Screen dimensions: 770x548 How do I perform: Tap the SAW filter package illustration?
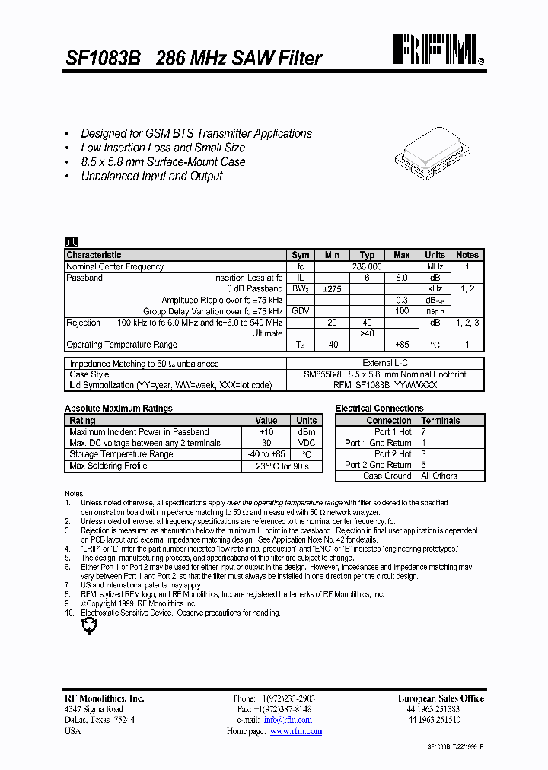pyautogui.click(x=433, y=151)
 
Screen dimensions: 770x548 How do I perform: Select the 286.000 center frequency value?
pyautogui.click(x=367, y=267)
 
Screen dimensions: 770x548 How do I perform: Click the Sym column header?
pyautogui.click(x=301, y=255)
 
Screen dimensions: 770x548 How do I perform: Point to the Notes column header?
pyautogui.click(x=467, y=255)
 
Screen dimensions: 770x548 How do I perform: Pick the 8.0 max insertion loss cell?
pyautogui.click(x=402, y=278)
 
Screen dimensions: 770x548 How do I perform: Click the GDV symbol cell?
pyautogui.click(x=301, y=312)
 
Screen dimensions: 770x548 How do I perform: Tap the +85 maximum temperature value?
pyautogui.click(x=401, y=345)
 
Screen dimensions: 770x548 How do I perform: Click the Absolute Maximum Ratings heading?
pyautogui.click(x=118, y=409)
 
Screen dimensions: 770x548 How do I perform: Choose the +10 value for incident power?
pyautogui.click(x=266, y=432)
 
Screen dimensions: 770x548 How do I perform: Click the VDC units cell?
pyautogui.click(x=307, y=443)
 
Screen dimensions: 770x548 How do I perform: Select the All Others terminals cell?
pyautogui.click(x=439, y=476)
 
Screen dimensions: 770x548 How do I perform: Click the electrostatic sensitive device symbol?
pyautogui.click(x=89, y=625)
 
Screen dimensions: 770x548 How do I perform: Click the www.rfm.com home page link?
pyautogui.click(x=296, y=731)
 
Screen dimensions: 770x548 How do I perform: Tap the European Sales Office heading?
pyautogui.click(x=441, y=698)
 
